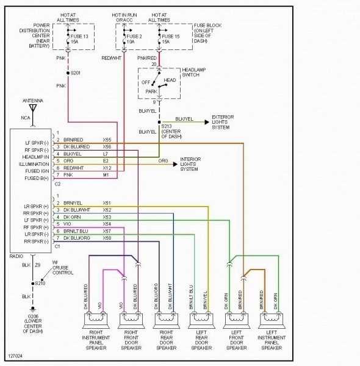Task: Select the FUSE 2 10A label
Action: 134,39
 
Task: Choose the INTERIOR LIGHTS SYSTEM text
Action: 194,165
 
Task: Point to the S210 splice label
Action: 40,282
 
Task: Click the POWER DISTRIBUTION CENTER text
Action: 29,36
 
